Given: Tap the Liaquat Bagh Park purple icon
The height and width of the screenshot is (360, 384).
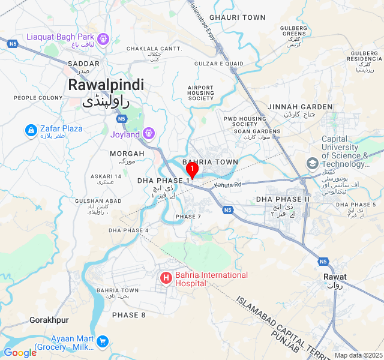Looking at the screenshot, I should (x=103, y=38).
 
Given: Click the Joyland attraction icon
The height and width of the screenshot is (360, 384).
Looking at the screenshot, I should (x=149, y=133).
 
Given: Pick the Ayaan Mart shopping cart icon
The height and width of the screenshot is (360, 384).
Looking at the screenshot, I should (x=103, y=342).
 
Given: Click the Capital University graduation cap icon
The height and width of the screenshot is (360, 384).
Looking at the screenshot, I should (x=312, y=163).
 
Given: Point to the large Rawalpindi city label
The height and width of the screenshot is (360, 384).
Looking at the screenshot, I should (x=106, y=85).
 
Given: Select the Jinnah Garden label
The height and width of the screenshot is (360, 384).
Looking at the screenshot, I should (x=300, y=107).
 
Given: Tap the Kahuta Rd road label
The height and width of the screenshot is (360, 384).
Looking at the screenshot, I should (x=228, y=185).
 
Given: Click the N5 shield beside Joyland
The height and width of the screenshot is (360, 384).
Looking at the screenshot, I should (x=122, y=119).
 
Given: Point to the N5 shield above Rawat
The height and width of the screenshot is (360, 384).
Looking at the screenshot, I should (x=323, y=262).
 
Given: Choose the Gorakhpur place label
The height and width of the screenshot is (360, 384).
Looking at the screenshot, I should (x=49, y=320).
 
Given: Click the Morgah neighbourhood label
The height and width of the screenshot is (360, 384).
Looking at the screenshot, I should (x=127, y=154).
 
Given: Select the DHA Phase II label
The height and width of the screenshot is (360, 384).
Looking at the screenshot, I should (x=283, y=199).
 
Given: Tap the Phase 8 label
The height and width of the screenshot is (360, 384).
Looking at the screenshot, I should (x=128, y=315).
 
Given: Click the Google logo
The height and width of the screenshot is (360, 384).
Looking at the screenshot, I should (x=20, y=353).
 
